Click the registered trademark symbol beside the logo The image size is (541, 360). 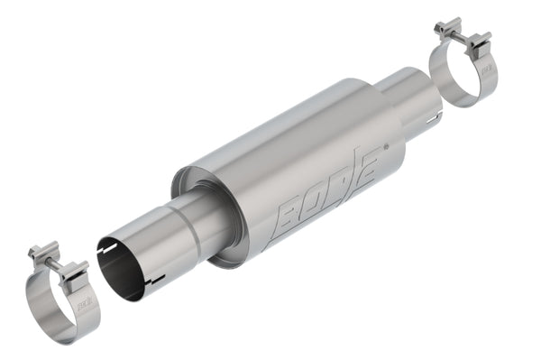[x=387, y=145]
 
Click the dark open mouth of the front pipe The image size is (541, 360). [x=122, y=266]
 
